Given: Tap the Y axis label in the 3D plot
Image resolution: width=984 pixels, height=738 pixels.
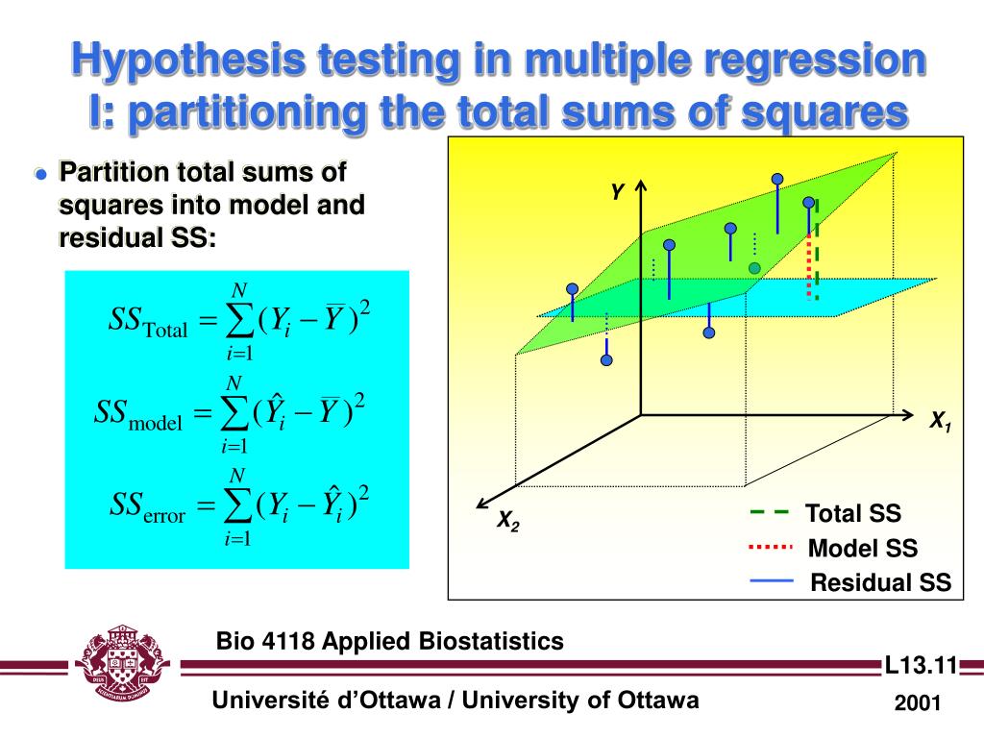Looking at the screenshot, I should pos(618,192).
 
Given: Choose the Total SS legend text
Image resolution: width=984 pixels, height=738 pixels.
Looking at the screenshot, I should pos(853,513).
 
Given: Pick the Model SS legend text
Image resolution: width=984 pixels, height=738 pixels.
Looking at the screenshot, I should pos(862,549).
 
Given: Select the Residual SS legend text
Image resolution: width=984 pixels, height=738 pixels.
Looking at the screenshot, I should pos(880,582).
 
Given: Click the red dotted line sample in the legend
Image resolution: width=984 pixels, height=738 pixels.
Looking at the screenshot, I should pos(769,548).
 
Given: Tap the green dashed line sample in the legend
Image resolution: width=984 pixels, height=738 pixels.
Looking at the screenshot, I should pos(769,513).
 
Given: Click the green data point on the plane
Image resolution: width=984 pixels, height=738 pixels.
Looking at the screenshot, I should pos(754,267).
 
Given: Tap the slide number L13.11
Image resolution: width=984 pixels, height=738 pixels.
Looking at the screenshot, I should pos(921,665).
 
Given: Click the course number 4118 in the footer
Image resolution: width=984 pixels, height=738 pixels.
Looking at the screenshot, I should pos(289,641).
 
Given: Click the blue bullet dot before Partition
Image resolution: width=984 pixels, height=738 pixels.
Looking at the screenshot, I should pos(40,174).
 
